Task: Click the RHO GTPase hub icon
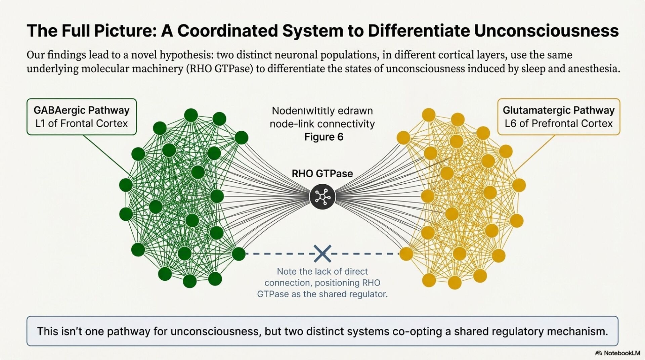(322, 196)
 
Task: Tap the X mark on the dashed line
(322, 254)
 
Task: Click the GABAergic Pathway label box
(82, 117)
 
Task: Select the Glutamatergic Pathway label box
(558, 117)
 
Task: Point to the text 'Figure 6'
(324, 137)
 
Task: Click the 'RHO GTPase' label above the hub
(322, 174)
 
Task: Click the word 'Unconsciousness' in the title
(546, 31)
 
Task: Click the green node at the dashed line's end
(239, 254)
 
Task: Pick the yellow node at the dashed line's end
(406, 254)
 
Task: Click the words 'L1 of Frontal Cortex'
(82, 124)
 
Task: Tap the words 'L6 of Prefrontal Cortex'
(558, 124)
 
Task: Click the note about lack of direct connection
(322, 283)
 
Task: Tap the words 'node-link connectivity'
(322, 124)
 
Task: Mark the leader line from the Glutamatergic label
(534, 154)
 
